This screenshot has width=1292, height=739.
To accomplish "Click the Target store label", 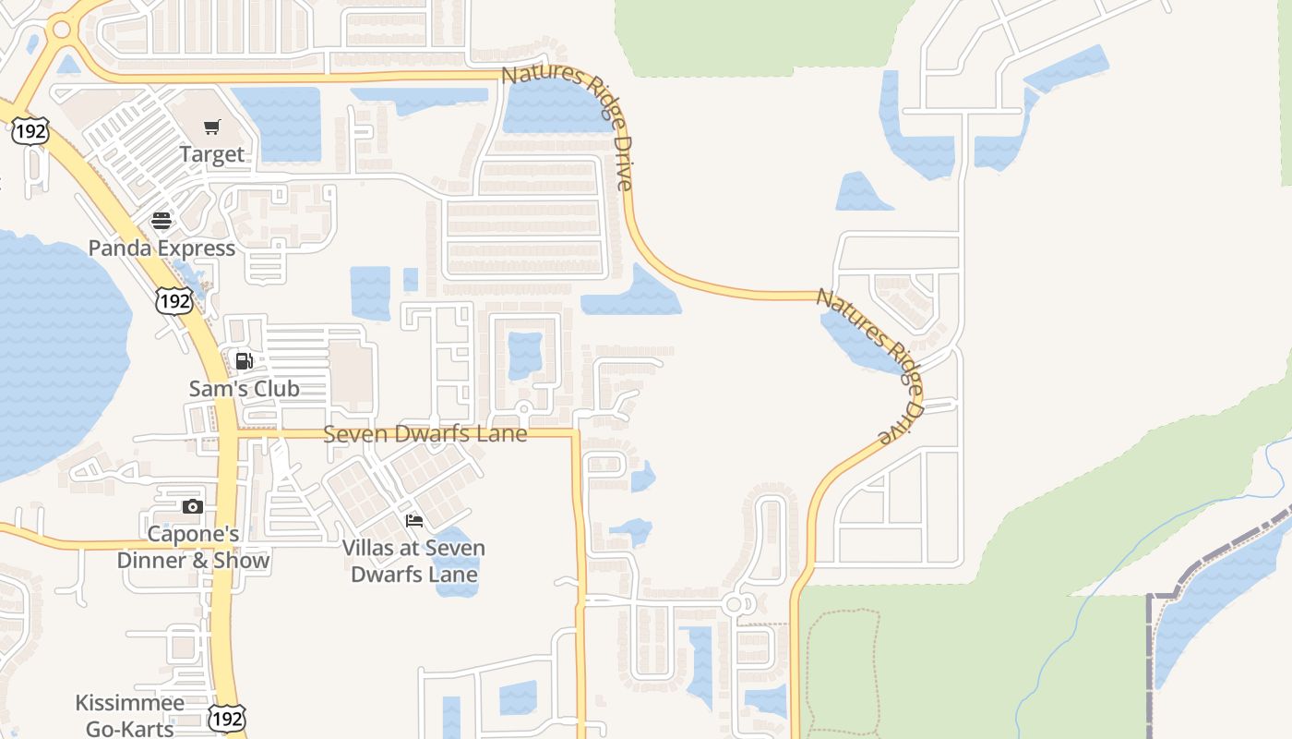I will pos(212,154).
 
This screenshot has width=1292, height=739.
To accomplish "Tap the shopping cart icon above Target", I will pos(212,127).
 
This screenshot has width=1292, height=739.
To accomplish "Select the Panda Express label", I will pos(161,248).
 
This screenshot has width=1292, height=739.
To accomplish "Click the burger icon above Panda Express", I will pos(161,221).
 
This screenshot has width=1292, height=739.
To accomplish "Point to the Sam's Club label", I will pos(244,388).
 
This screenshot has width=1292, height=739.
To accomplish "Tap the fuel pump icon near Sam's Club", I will pos(244,361).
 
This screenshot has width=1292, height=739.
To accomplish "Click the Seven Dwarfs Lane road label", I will pos(425,433).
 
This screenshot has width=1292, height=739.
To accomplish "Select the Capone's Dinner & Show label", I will pos(193,547).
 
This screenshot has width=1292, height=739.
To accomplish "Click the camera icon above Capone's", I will pos(193,506).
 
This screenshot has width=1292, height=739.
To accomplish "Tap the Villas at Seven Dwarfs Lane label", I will pos(413,561).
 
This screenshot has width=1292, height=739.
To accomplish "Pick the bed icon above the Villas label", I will pos(413,521).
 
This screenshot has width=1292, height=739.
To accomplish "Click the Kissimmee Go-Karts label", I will pos(130,715).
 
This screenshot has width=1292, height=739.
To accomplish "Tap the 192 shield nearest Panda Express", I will pos(173,300).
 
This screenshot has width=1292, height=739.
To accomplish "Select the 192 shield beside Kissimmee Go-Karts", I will pos(226,718).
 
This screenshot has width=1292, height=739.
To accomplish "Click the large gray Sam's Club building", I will pos(352,375).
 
